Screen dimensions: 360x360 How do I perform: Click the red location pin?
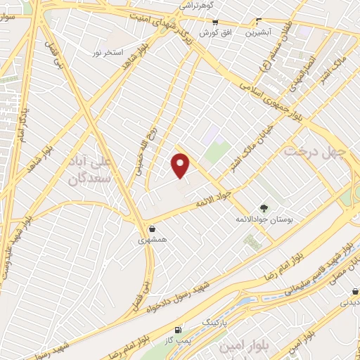(181, 165)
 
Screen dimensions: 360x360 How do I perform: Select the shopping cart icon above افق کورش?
(210, 22)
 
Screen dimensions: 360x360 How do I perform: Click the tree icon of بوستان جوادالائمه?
(264, 208)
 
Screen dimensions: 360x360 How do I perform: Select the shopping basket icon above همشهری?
(152, 229)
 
